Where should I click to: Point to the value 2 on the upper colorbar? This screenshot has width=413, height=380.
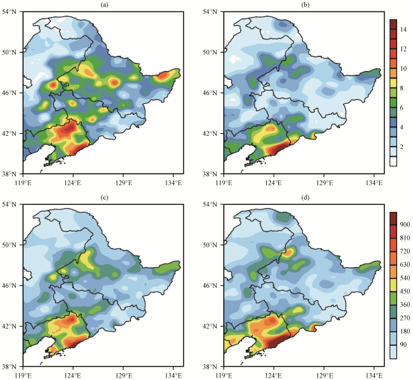(403, 147)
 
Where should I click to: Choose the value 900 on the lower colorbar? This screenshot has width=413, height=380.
(405, 225)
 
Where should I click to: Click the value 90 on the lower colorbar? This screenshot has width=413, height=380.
(404, 346)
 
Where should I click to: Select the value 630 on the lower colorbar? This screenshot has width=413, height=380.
(405, 265)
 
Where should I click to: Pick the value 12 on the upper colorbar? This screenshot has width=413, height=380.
(403, 49)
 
